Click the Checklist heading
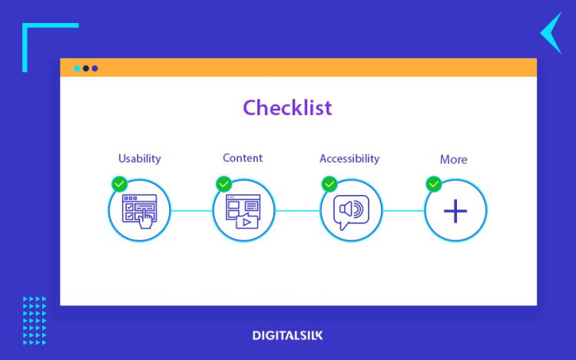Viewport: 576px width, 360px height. [x=287, y=107]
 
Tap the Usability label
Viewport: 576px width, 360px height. [x=140, y=159]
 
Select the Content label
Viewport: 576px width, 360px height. [x=243, y=158]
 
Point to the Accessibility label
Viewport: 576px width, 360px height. [x=349, y=159]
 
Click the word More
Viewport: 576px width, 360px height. [x=454, y=159]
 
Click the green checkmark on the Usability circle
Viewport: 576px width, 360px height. [x=119, y=184]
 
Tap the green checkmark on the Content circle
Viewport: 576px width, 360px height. [x=223, y=184]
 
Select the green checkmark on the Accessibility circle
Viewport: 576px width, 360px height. [x=329, y=184]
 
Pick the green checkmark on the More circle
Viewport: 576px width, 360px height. [x=434, y=184]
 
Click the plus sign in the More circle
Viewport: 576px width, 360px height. [x=455, y=211]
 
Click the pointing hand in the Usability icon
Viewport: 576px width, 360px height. [x=146, y=219]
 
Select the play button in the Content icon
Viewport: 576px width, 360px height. [x=247, y=222]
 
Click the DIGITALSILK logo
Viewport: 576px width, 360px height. [x=288, y=335]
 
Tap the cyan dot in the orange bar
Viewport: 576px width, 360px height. [x=77, y=68]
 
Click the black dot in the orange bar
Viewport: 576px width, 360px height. [x=86, y=68]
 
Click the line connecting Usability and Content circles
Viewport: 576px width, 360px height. [x=191, y=211]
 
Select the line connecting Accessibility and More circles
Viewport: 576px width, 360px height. [x=403, y=211]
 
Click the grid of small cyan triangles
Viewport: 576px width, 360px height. [x=35, y=321]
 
